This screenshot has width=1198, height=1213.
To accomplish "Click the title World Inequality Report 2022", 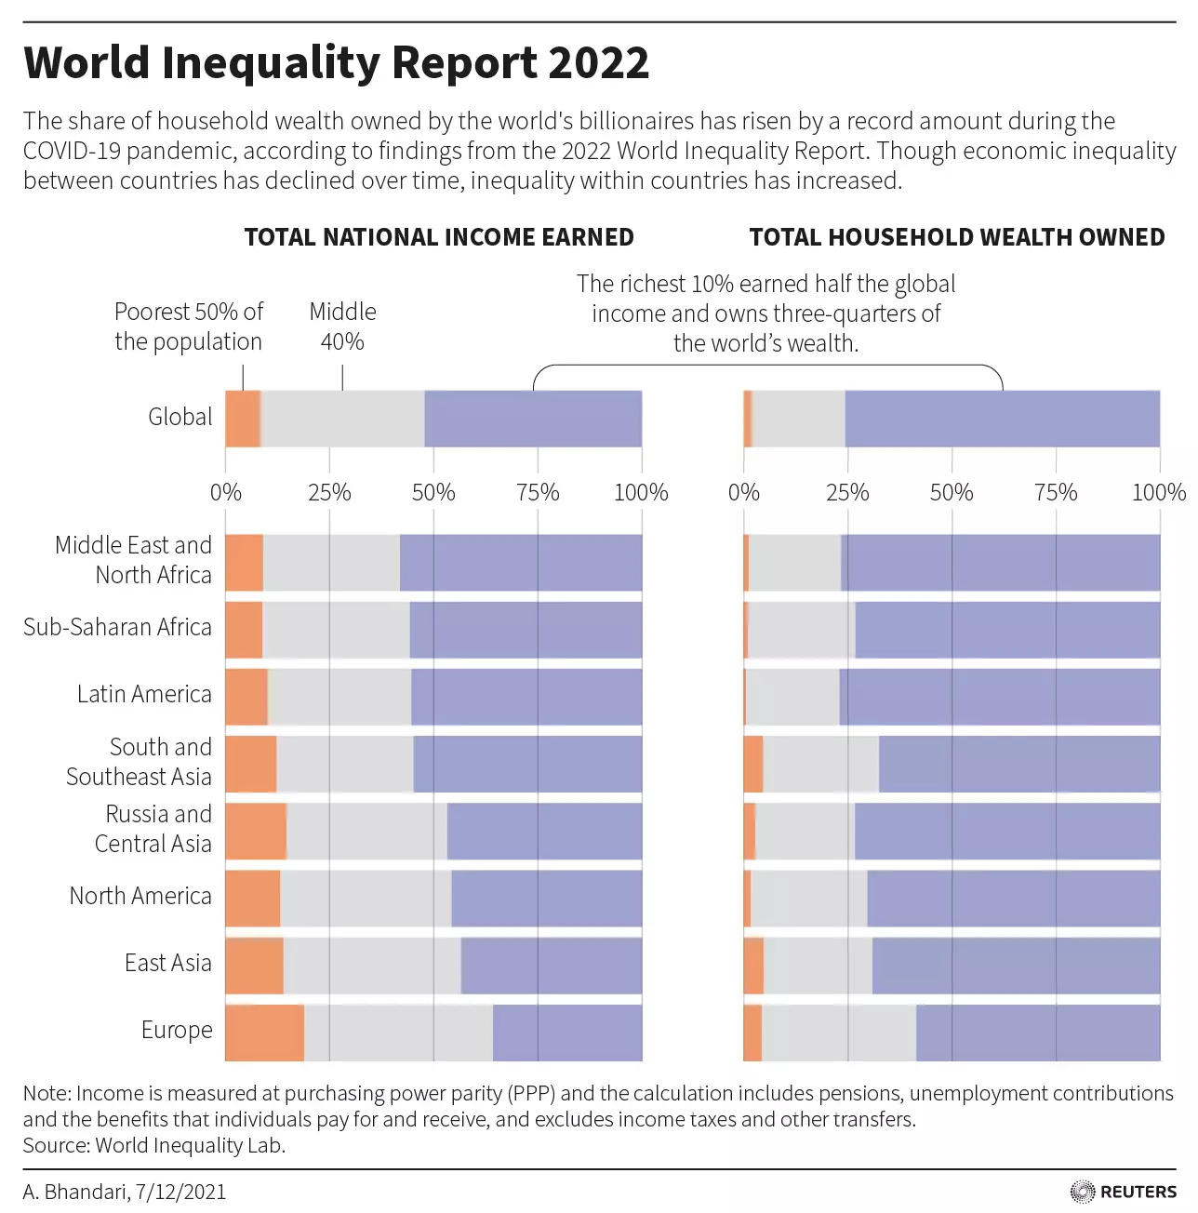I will (336, 63).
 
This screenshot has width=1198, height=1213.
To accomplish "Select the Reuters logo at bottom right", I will (1124, 1192).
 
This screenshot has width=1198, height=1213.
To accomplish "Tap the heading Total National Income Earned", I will (439, 237).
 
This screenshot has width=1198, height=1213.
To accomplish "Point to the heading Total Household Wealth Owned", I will (956, 237).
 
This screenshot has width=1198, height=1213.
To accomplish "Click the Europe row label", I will (177, 1030).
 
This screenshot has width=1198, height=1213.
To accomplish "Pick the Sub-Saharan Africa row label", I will (117, 627).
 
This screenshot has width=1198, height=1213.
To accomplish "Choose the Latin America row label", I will (144, 694).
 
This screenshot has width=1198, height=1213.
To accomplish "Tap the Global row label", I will (180, 417).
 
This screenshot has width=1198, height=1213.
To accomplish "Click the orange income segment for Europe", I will (264, 1033).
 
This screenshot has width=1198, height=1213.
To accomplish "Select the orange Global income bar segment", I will (243, 419).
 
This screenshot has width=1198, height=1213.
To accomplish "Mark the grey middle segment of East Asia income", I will (372, 966).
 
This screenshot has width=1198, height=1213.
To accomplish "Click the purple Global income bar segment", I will (533, 419).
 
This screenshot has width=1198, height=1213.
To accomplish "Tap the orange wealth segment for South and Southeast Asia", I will (753, 765).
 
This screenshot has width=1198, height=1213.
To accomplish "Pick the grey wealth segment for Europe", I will (839, 1033).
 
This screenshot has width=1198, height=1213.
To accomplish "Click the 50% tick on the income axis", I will (433, 492).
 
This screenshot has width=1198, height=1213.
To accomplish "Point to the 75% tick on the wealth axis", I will (1056, 492).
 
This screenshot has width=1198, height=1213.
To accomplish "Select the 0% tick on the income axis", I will (226, 492).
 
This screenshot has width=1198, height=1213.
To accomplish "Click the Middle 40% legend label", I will (342, 327).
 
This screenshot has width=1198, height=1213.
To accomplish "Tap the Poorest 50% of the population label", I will (189, 327).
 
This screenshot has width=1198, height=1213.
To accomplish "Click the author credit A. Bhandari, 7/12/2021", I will (125, 1192).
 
